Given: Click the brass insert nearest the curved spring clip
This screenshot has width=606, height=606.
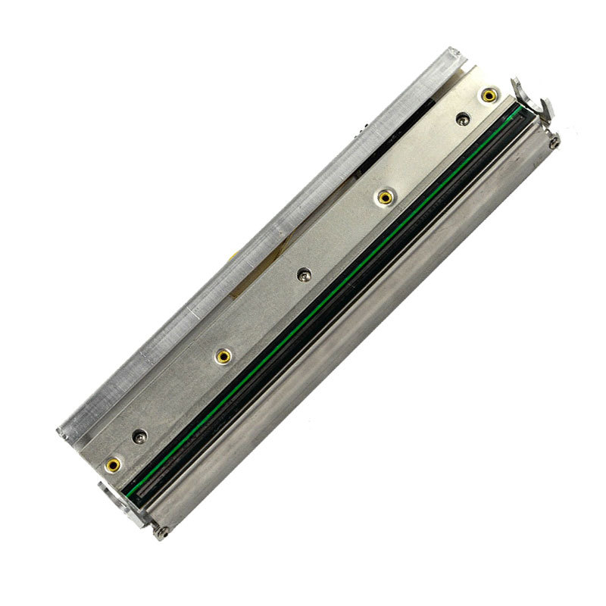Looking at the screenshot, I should pos(489,95).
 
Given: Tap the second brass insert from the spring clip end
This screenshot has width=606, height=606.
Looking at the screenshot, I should pos(386,198).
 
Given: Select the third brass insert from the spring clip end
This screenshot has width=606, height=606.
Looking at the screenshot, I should pos(223,355).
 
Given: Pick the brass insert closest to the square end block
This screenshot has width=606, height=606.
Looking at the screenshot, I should pos(114,464).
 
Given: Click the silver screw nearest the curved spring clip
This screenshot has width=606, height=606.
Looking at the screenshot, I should pos(462,117).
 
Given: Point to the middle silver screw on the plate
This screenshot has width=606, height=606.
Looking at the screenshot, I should pos(305,273).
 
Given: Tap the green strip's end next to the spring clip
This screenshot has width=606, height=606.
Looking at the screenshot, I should pos(517,112).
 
